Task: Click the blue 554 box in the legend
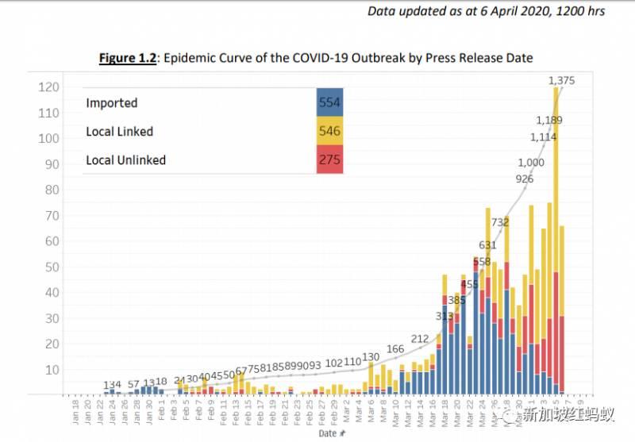click(x=329, y=102)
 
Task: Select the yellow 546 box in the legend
click(x=329, y=131)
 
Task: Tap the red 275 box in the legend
click(x=329, y=160)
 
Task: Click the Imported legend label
click(x=112, y=103)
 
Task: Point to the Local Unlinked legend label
click(x=125, y=160)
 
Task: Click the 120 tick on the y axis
click(x=48, y=87)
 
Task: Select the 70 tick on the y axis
click(x=51, y=216)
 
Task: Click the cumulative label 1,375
click(x=561, y=80)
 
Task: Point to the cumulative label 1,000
click(x=531, y=163)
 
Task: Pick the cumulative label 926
click(x=524, y=179)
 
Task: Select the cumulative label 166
click(x=395, y=349)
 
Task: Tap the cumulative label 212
click(x=420, y=339)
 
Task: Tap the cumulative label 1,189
click(x=550, y=121)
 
